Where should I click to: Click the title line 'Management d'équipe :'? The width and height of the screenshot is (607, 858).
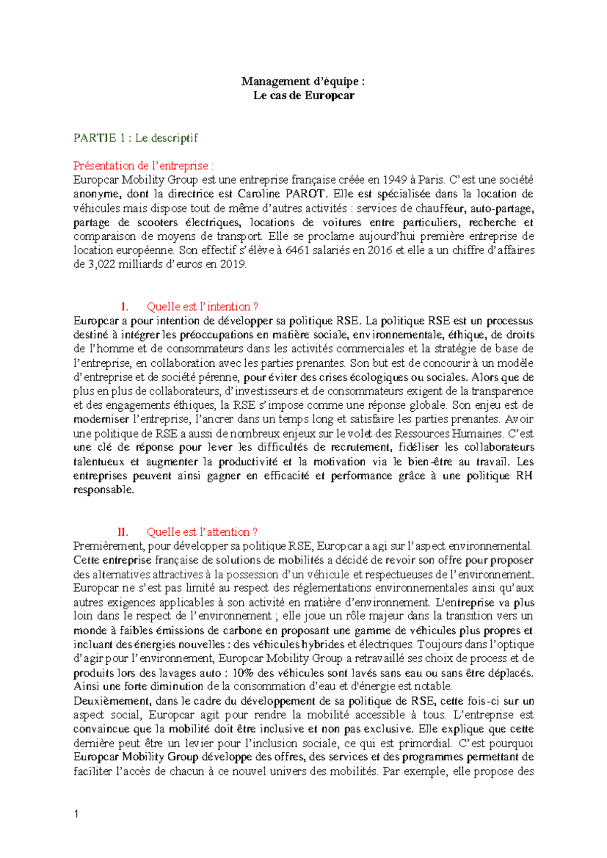[303, 81]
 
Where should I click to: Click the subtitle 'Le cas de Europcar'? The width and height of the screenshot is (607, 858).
[303, 96]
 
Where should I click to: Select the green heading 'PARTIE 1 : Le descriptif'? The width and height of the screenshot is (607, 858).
[136, 138]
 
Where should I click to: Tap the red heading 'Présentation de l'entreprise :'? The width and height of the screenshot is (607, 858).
[143, 166]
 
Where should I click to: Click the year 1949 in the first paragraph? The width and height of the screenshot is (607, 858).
[394, 180]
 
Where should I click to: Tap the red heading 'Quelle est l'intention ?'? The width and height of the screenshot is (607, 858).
[202, 307]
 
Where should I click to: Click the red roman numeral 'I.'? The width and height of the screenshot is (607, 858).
[124, 307]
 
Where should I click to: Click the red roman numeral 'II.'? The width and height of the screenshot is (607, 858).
[122, 532]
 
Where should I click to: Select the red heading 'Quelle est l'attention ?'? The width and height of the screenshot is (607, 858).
[202, 532]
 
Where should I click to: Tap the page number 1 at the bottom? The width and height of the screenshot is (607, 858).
[76, 814]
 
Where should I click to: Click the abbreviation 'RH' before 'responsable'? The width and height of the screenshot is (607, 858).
[524, 476]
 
